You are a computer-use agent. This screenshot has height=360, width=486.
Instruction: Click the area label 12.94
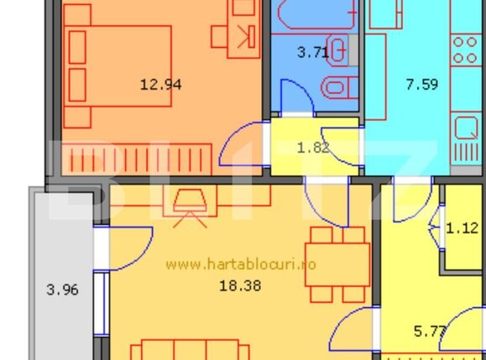[161, 84]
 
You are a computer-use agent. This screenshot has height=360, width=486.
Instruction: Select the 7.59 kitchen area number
[422, 83]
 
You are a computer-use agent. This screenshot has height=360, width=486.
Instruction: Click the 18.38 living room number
[239, 285]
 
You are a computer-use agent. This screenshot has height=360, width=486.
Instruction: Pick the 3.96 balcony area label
[62, 290]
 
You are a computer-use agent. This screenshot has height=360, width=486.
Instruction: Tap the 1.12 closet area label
[462, 227]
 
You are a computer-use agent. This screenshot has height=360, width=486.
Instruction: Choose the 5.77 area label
[430, 331]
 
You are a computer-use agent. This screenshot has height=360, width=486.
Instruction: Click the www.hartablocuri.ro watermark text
[241, 264]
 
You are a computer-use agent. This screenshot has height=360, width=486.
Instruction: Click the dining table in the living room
[337, 263]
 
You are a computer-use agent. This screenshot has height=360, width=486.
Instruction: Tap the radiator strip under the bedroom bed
[138, 159]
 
